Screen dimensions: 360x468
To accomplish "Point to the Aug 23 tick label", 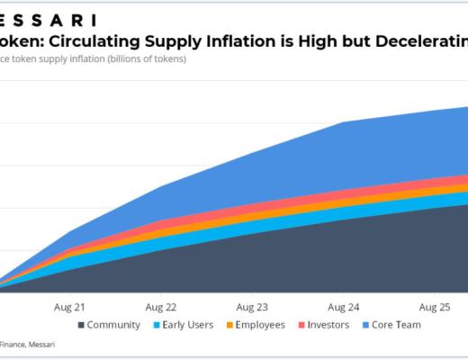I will click(x=252, y=306).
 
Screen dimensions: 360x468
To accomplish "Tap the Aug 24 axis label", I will click(x=344, y=306).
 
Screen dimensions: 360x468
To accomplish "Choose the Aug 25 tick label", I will click(x=436, y=306).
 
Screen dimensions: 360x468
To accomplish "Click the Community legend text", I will click(x=114, y=325).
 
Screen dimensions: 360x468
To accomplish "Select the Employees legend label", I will click(x=261, y=325).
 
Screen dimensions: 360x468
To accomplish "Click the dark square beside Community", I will click(x=82, y=325).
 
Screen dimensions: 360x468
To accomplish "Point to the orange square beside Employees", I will click(x=229, y=325).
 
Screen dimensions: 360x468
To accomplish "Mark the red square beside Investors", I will click(x=300, y=325).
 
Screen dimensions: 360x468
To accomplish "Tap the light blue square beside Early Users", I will click(x=157, y=325).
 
